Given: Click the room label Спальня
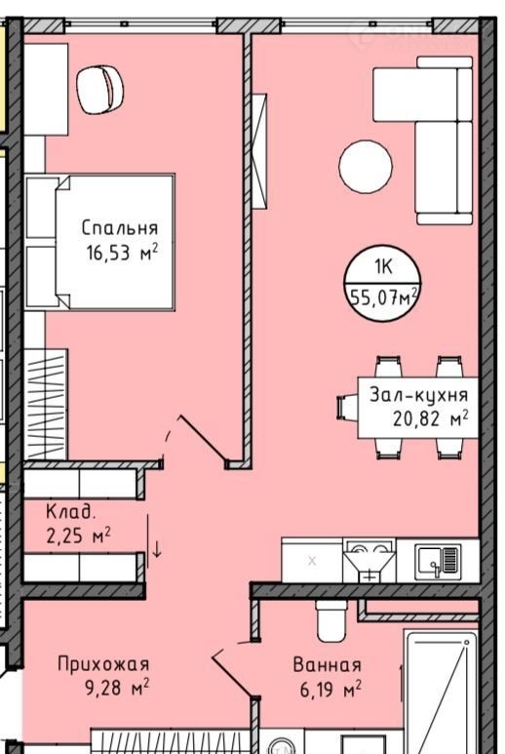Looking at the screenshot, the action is (120, 228).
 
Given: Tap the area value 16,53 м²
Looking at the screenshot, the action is (122, 252).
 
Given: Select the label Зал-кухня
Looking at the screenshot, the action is (418, 395).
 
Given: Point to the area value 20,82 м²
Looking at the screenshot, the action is (431, 418).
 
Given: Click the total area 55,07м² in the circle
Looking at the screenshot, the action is (383, 298).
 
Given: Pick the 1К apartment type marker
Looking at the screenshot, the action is (383, 266).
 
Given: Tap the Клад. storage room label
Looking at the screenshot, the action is (70, 512).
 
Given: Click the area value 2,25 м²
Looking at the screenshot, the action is (79, 535).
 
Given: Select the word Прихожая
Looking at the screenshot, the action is (103, 664).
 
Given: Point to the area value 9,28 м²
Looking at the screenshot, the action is (117, 688).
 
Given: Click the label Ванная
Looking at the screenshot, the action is (327, 665).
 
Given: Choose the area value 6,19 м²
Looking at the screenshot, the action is (330, 690).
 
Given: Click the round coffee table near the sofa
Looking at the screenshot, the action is (366, 167).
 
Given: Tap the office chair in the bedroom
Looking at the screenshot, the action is (100, 90).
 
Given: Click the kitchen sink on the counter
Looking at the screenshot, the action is (438, 560).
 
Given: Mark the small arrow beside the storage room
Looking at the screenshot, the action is (157, 549).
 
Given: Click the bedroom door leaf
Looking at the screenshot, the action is (203, 441).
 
